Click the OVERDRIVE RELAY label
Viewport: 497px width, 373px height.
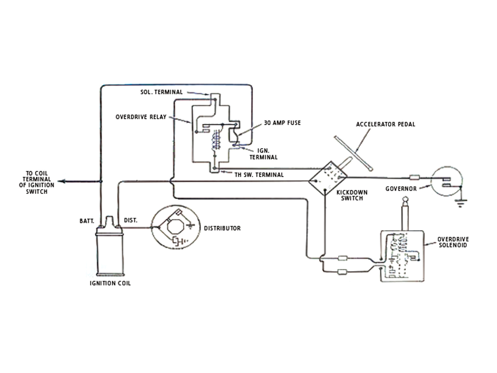pos(141,117)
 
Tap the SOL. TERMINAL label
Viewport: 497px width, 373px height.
pos(161,92)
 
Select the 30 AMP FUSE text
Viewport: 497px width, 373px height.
pos(282,123)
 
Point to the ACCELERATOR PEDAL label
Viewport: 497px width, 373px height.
pos(385,124)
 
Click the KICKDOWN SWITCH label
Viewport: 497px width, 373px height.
pos(352,195)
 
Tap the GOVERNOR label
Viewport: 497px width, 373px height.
pos(401,189)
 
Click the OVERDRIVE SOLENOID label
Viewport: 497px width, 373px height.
pos(453,242)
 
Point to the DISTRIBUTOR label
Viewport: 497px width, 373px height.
pos(222,228)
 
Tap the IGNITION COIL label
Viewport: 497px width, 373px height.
pos(110,283)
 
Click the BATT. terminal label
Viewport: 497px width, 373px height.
pos(87,221)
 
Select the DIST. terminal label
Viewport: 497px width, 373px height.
pos(130,220)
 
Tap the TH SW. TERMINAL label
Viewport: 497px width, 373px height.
pos(259,175)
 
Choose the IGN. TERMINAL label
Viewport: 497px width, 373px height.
pos(263,154)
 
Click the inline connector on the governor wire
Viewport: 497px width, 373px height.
pos(414,178)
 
